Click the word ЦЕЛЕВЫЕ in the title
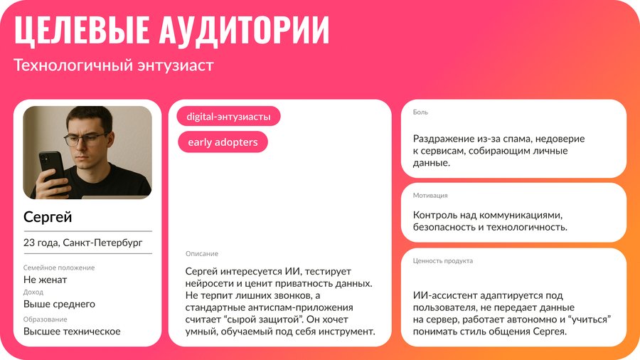pos(82,29)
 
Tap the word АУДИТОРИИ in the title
pos(244,29)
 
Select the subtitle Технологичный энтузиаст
pos(114,65)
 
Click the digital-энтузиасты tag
pos(228,117)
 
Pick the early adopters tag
pos(223,142)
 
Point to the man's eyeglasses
pos(87,139)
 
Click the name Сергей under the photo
pos(48,217)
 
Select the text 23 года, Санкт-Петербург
pos(83,243)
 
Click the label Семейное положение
pos(59,268)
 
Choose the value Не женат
pos(45,280)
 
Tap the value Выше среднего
pos(59,304)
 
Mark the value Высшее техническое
pos(72,331)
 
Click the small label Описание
pos(202,253)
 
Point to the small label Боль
pos(420,112)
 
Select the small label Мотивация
pos(430,196)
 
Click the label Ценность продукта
pos(443,261)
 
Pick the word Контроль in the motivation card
pos(435,215)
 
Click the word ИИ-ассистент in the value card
pos(445,295)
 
